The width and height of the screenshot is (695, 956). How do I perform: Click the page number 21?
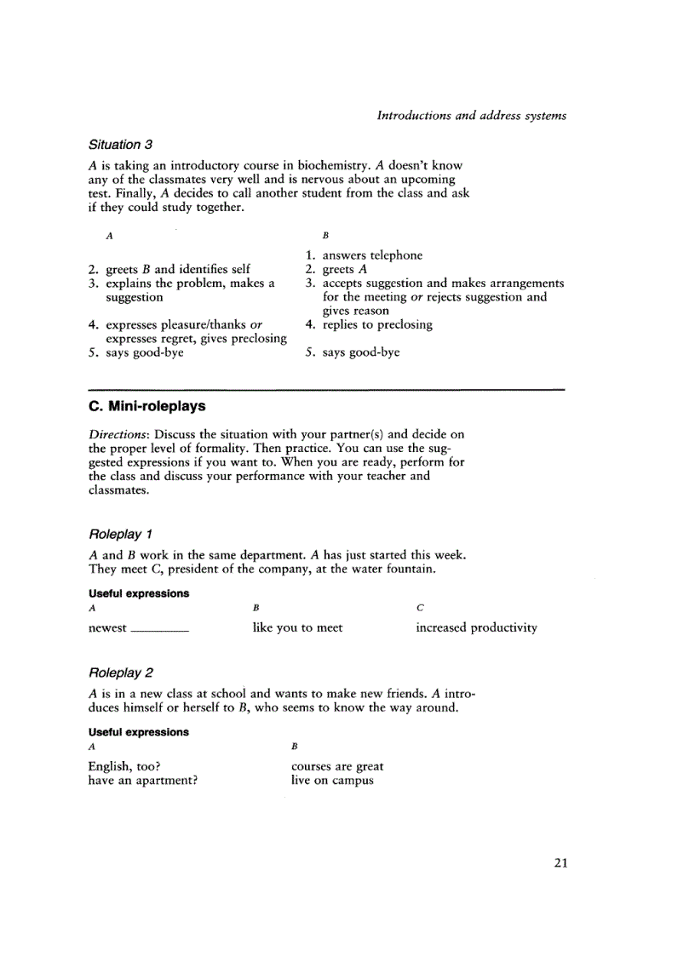560,862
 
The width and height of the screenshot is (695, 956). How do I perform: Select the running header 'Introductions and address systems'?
471,115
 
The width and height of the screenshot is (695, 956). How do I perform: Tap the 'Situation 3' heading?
120,144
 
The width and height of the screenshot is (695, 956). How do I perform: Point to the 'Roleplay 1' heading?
120,534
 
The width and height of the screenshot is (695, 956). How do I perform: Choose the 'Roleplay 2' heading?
120,673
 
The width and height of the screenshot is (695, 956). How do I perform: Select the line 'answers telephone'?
371,255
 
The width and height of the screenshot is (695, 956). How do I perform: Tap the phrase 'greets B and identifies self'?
177,269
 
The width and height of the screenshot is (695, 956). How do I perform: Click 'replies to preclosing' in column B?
376,324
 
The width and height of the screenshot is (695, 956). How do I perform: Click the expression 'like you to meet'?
297,627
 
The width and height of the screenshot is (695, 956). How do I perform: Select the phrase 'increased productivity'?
476,627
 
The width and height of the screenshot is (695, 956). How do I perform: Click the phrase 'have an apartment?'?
143,780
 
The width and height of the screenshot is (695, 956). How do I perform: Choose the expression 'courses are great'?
337,766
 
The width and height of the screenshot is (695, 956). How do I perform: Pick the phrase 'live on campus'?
332,780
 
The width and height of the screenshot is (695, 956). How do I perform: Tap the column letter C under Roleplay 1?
420,608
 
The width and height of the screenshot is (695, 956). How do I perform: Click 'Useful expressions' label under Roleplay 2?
139,732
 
